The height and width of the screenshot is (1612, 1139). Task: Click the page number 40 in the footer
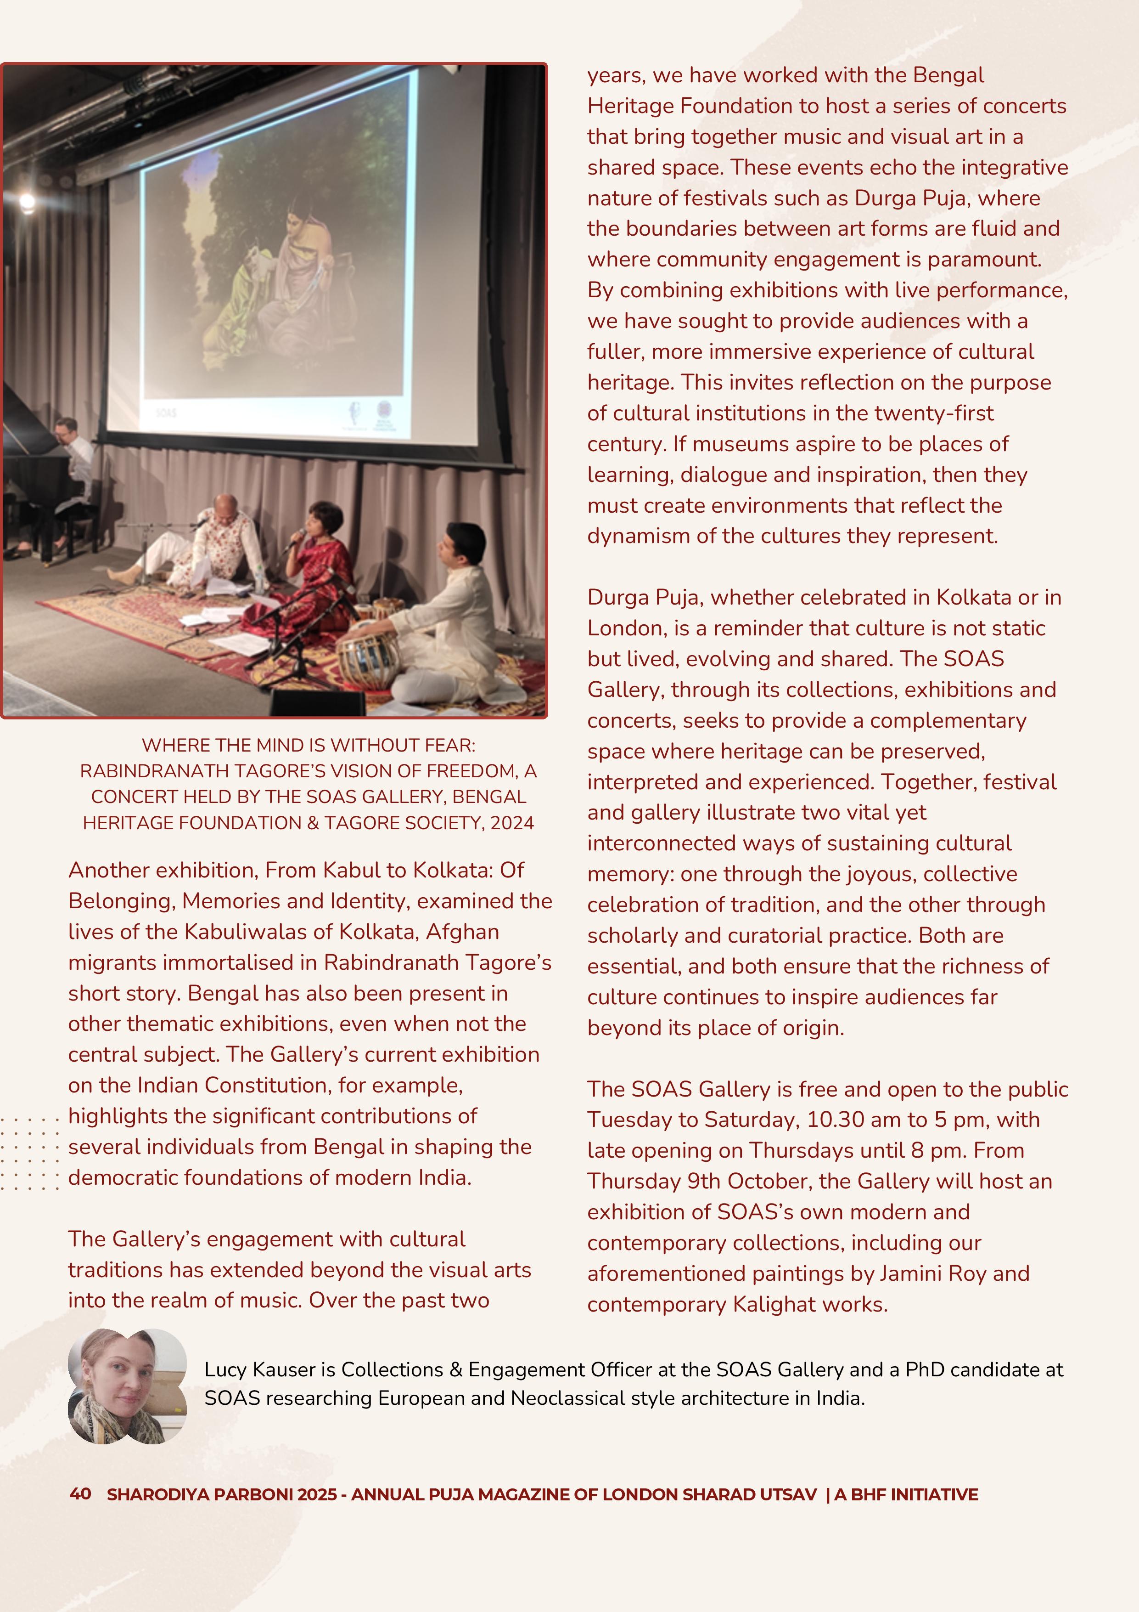(x=80, y=1493)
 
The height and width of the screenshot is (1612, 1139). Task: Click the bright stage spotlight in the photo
(x=27, y=202)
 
